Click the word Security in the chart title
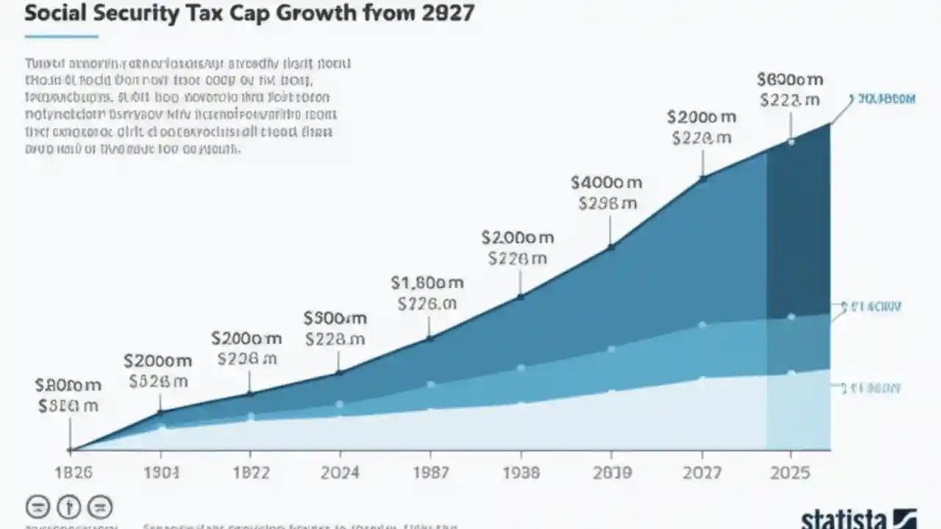[x=128, y=15]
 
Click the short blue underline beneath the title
[x=61, y=35]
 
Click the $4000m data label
[x=608, y=181]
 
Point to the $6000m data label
[x=790, y=79]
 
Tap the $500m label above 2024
[x=335, y=318]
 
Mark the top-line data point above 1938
[x=520, y=297]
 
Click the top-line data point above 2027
[x=703, y=177]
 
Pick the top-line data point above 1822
[x=249, y=394]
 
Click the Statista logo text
[x=845, y=519]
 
